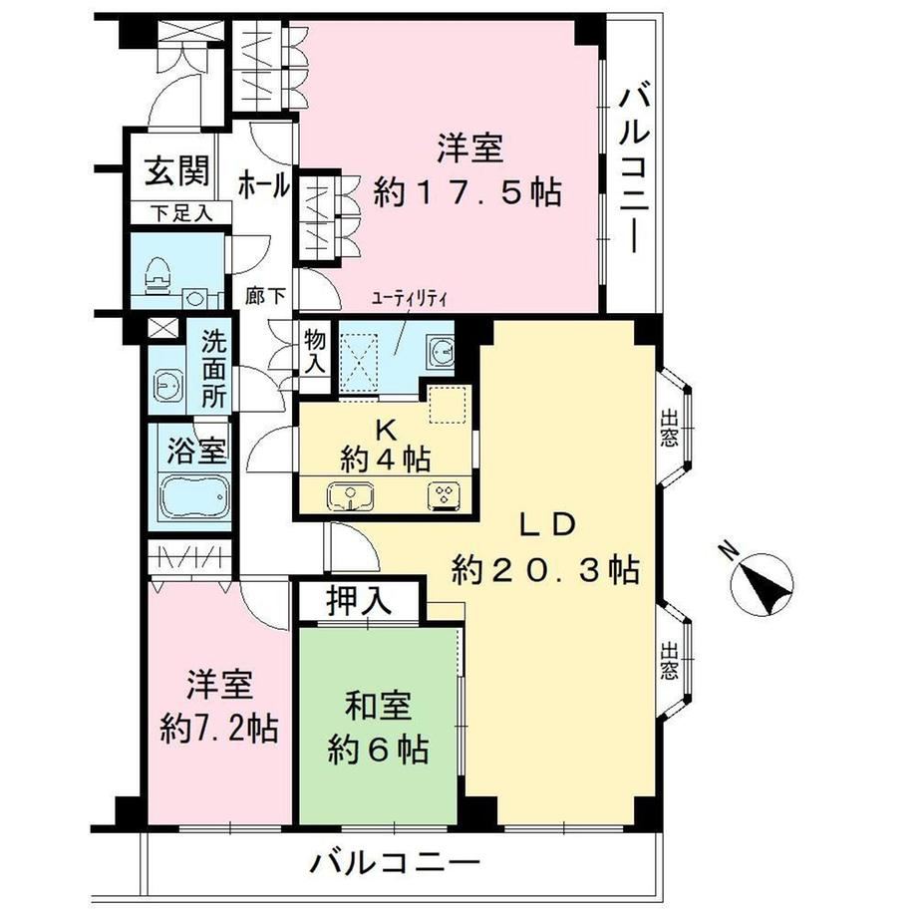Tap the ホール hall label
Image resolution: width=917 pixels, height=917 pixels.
pyautogui.click(x=263, y=186)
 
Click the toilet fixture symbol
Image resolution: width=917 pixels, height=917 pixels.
pyautogui.click(x=157, y=275)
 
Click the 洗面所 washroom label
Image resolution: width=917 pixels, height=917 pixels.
pyautogui.click(x=213, y=370)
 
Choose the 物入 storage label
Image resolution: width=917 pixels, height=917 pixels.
pyautogui.click(x=315, y=353)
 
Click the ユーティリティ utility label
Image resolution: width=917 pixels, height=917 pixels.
pyautogui.click(x=410, y=299)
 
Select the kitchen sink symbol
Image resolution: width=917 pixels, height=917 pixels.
pyautogui.click(x=351, y=496)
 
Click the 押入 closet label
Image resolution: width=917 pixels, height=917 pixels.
pyautogui.click(x=359, y=601)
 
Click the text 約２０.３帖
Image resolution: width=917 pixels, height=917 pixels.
pyautogui.click(x=545, y=569)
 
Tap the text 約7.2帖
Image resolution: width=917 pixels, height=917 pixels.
pyautogui.click(x=219, y=729)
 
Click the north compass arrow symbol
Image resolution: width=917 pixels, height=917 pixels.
pyautogui.click(x=764, y=582)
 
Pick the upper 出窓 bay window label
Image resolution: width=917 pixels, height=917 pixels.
pyautogui.click(x=669, y=429)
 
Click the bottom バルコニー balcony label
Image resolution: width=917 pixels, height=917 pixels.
pyautogui.click(x=395, y=862)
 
